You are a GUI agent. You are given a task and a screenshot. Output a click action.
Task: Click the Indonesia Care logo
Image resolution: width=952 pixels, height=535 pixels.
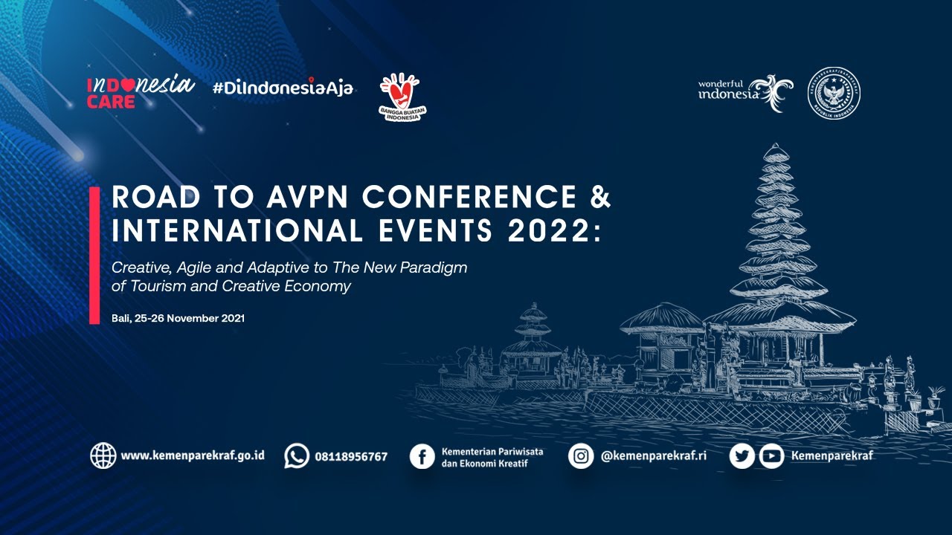click(140, 92)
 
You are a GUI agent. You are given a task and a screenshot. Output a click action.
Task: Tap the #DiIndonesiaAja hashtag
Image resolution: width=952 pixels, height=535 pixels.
click(283, 88)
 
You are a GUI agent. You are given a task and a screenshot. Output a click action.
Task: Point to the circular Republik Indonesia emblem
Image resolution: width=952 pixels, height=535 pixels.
click(834, 93)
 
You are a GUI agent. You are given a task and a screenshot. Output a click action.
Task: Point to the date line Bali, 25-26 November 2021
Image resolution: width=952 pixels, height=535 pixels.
click(178, 318)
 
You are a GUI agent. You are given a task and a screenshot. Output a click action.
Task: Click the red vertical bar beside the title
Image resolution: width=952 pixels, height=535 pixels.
click(94, 255)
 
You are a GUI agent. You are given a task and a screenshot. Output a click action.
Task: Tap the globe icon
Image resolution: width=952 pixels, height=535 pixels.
click(103, 455)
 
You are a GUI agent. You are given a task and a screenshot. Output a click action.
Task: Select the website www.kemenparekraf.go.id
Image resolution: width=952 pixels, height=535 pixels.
click(193, 455)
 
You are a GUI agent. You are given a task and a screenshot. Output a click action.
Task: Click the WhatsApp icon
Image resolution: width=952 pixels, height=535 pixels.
click(297, 455)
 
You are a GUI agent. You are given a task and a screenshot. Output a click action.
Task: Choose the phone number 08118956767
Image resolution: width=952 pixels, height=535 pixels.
click(351, 456)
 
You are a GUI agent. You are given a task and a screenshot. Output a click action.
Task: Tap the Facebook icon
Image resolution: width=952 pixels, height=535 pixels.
click(422, 456)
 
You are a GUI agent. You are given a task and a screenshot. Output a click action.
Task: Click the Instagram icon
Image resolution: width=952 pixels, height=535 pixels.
click(581, 455)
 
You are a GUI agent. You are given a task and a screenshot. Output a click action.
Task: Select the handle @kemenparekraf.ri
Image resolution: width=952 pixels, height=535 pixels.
click(654, 455)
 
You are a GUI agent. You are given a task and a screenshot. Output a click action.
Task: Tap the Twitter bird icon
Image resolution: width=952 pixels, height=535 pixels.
click(742, 456)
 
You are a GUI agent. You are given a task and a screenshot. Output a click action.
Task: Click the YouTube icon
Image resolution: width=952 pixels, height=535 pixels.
click(771, 456)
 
